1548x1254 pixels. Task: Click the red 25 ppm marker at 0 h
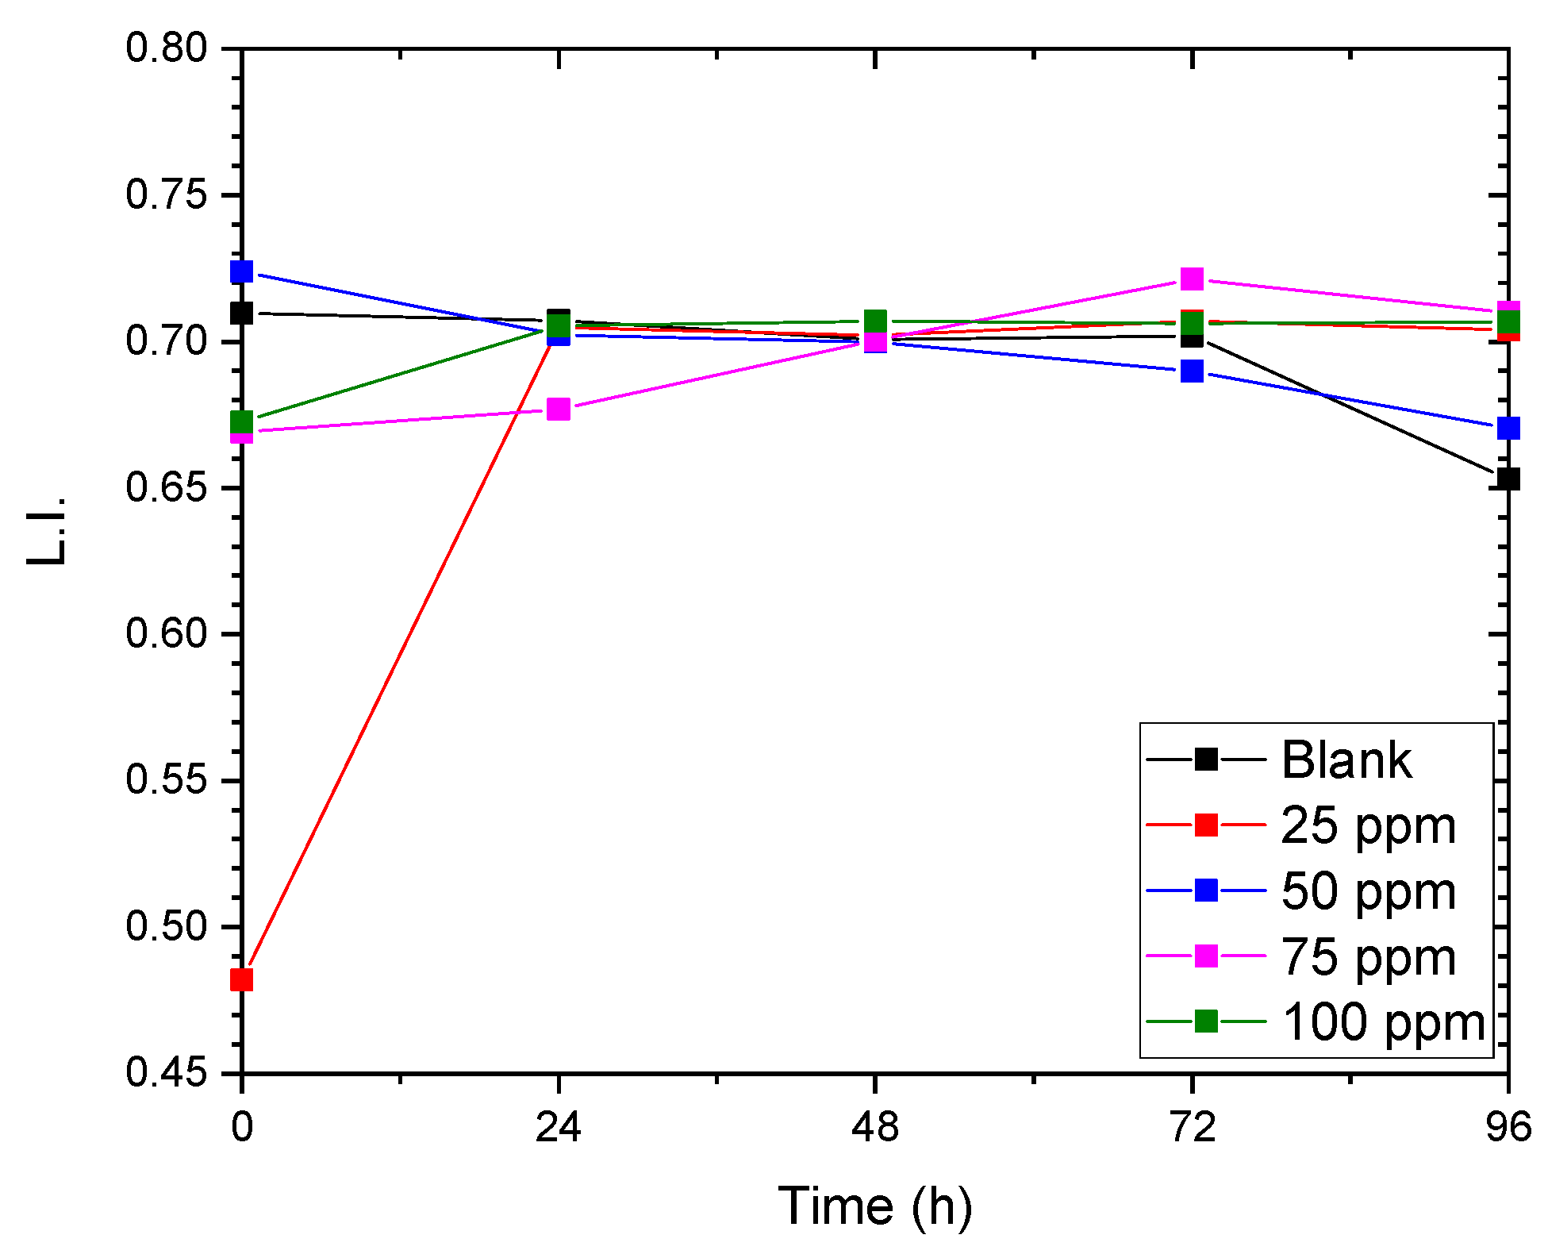click(241, 980)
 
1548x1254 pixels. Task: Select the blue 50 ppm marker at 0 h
click(241, 271)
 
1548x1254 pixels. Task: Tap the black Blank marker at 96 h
click(1508, 479)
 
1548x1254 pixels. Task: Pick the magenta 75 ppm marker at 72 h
click(1192, 279)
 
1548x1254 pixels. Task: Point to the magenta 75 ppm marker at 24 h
click(559, 410)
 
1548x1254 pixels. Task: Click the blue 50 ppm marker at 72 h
click(1192, 371)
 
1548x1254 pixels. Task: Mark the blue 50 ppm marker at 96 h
click(1508, 429)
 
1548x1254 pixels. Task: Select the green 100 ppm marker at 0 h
click(241, 421)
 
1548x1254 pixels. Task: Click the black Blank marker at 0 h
click(241, 313)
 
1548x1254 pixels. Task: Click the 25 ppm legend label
click(1368, 825)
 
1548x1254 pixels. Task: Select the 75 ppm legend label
click(1368, 956)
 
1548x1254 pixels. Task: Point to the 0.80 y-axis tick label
click(167, 48)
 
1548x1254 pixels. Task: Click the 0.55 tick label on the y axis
click(167, 780)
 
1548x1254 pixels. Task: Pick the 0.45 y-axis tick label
click(167, 1073)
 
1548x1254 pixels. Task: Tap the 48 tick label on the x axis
click(874, 1127)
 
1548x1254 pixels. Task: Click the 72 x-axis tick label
click(1192, 1127)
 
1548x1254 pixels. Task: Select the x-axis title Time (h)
click(874, 1206)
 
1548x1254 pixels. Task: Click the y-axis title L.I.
click(46, 530)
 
